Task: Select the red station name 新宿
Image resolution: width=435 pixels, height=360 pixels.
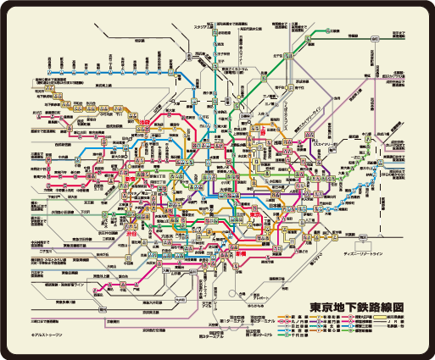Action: coord(109,181)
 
